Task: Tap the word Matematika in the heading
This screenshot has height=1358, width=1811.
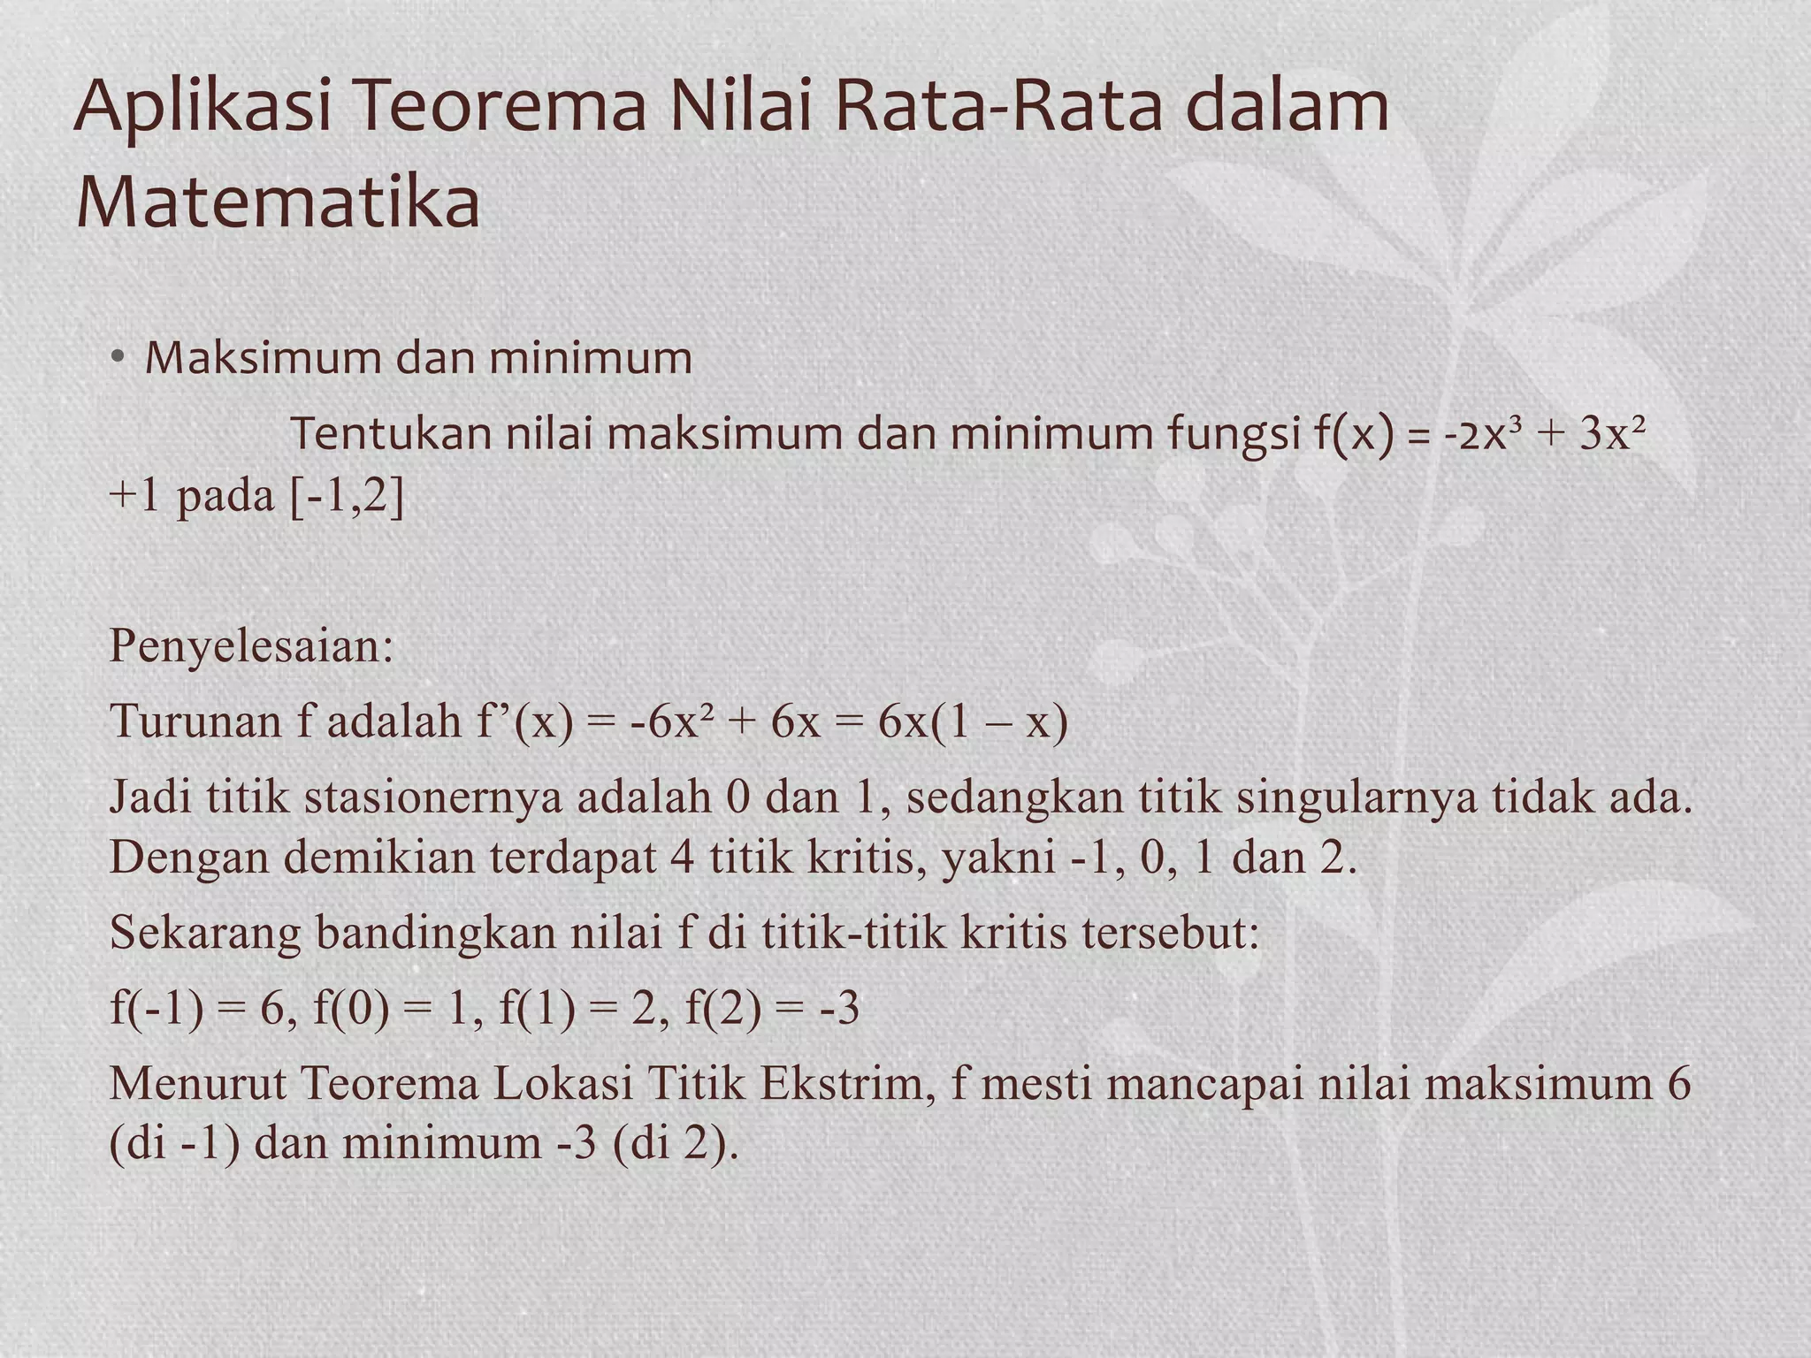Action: pyautogui.click(x=278, y=202)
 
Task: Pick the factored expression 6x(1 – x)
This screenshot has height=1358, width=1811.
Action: pyautogui.click(x=973, y=721)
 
